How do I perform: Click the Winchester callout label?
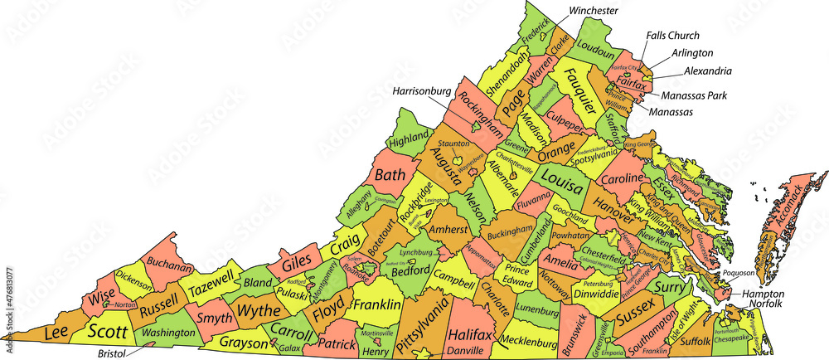[594, 11]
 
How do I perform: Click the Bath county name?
[390, 175]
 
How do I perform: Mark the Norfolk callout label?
[762, 304]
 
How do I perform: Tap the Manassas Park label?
[694, 95]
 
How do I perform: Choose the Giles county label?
[296, 266]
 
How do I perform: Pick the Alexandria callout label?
[707, 71]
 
